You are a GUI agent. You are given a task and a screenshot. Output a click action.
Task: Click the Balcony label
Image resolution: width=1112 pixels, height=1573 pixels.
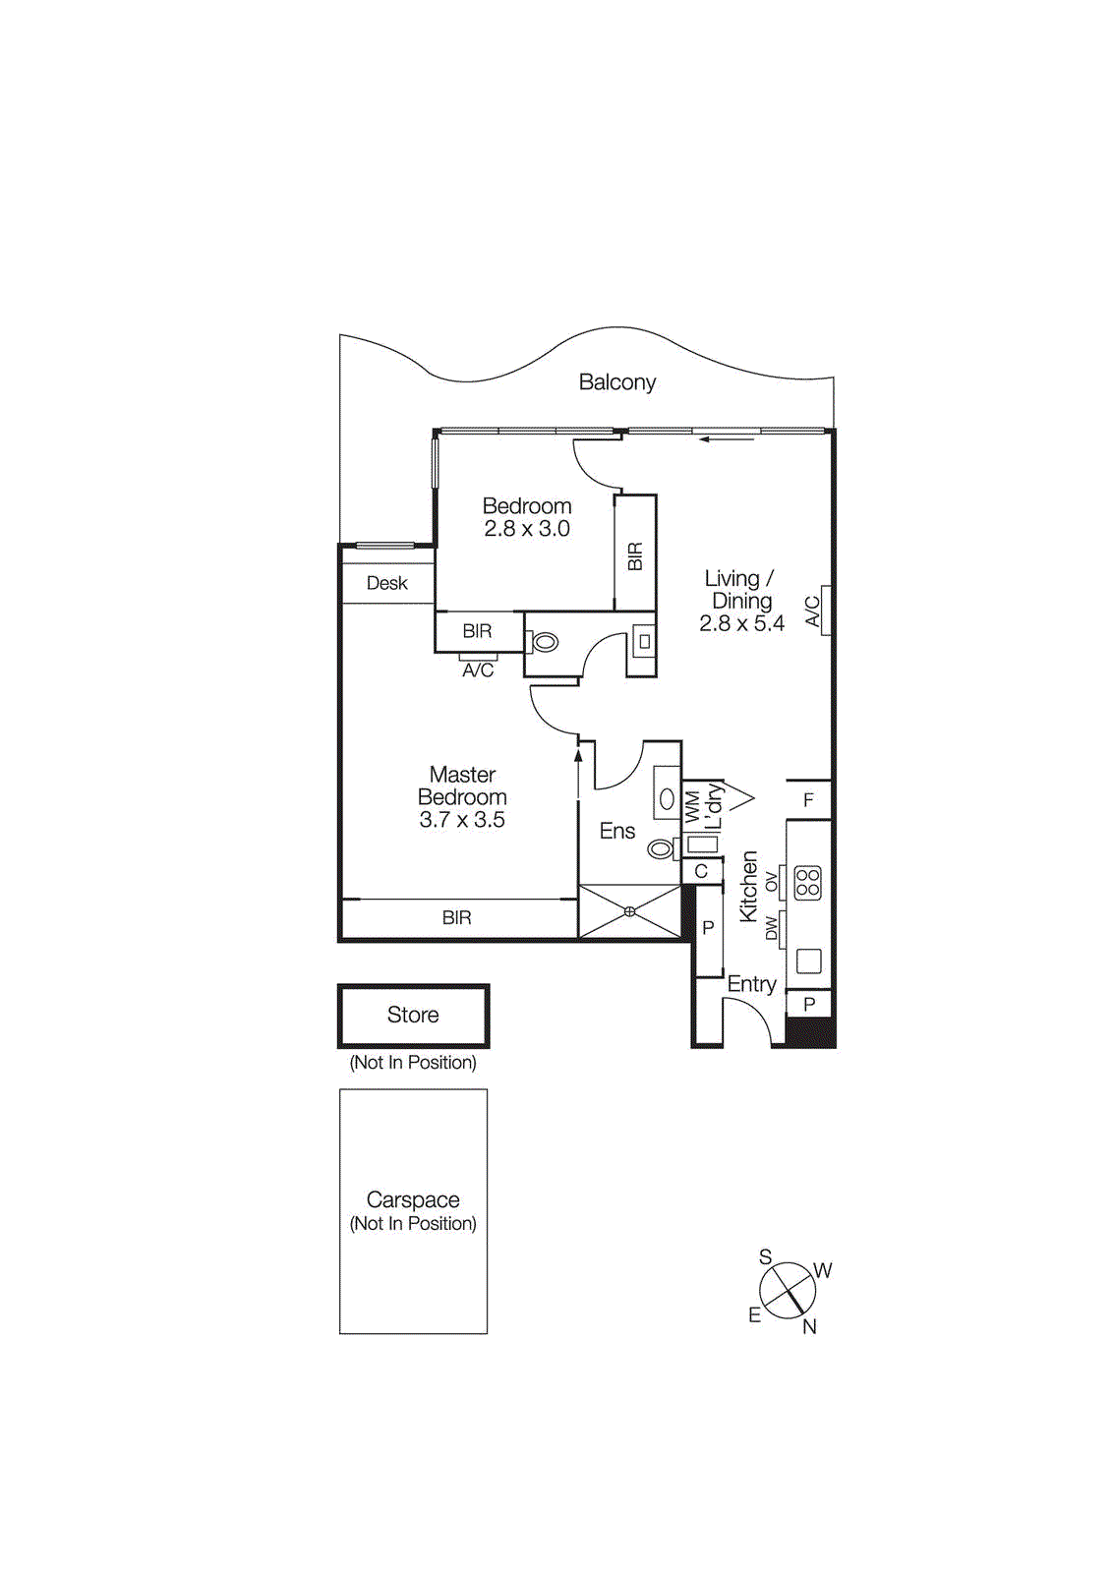coord(616,382)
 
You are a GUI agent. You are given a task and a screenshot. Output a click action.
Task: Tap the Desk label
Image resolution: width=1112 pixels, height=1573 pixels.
coord(386,583)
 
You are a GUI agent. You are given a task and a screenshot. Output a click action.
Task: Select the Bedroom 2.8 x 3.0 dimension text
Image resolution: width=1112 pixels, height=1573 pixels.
coord(526,529)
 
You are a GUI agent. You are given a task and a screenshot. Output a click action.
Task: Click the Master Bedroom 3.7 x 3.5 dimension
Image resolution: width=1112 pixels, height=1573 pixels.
coord(461,820)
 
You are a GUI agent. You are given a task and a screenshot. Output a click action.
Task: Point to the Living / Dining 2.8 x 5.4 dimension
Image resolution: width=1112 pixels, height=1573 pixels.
coord(741,623)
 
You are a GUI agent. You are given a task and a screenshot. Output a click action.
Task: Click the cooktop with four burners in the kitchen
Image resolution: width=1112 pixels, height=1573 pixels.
coord(807,882)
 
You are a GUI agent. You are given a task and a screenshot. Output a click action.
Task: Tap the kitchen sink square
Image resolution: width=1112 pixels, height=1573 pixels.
coord(808,961)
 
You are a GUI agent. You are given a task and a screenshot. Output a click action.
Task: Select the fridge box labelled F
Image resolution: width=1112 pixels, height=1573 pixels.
coord(808,800)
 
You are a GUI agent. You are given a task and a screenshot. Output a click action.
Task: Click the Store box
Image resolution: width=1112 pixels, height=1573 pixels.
coord(413,1015)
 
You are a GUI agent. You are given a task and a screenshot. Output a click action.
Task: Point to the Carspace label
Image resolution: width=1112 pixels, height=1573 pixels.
coord(413,1199)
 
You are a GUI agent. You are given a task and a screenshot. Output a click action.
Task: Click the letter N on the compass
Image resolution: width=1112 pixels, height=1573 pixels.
coord(809,1327)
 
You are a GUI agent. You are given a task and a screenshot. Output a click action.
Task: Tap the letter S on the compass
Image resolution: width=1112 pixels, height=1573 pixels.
coord(765,1256)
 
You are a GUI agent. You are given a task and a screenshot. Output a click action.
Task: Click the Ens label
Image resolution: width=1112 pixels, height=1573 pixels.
coord(617,831)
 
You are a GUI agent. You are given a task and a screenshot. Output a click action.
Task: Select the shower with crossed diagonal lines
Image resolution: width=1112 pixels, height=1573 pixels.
coord(629,911)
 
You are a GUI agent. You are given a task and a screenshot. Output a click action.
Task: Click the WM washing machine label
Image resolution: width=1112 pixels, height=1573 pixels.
coord(692,806)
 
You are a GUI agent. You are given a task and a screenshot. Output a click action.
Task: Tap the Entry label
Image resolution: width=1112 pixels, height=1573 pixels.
coord(751,984)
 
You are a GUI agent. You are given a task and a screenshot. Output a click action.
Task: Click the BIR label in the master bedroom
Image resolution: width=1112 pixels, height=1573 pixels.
coord(456,917)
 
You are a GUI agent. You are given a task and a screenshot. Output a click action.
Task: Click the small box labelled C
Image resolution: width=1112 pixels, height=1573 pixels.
coord(701,871)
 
